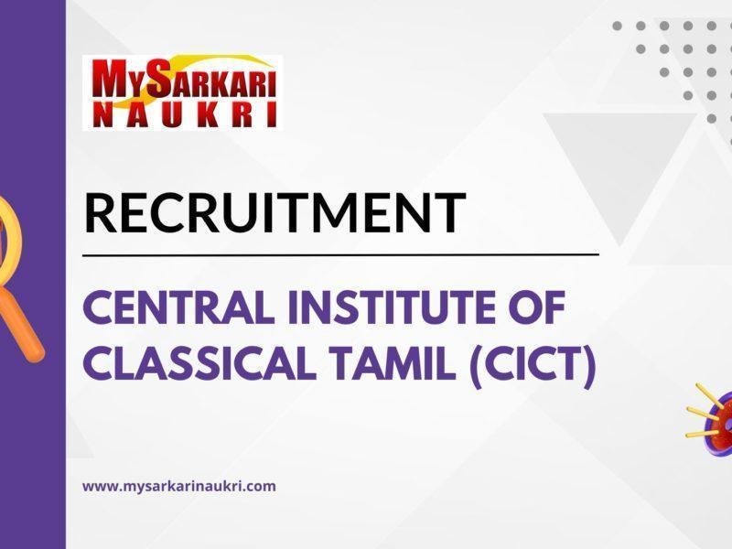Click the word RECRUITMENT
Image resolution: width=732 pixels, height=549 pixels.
274,212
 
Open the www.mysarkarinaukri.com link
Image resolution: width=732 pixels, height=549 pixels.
179,486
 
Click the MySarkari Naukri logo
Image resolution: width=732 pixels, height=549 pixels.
181,91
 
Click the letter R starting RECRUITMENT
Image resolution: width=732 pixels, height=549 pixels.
101,212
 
